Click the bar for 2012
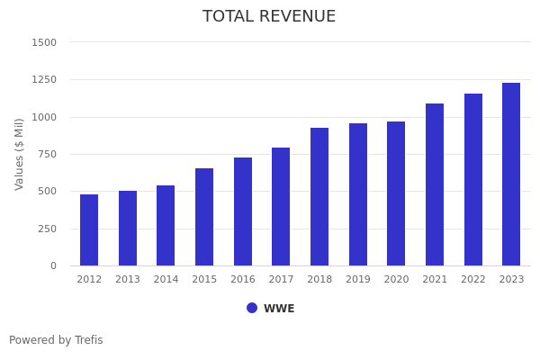(89, 230)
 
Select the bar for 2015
(204, 217)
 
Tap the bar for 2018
(319, 197)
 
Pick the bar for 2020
(396, 193)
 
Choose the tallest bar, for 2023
(511, 175)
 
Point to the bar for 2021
(435, 184)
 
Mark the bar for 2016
(243, 211)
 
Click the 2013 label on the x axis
(128, 280)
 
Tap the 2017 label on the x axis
(281, 280)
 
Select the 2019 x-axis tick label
(358, 280)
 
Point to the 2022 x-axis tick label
(473, 280)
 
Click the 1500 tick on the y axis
(43, 42)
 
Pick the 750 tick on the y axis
(46, 154)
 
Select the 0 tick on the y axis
(53, 266)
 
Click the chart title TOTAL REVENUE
(269, 17)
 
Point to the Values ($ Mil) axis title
(20, 154)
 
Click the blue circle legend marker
(252, 308)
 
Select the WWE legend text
(279, 309)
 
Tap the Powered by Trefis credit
(56, 340)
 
